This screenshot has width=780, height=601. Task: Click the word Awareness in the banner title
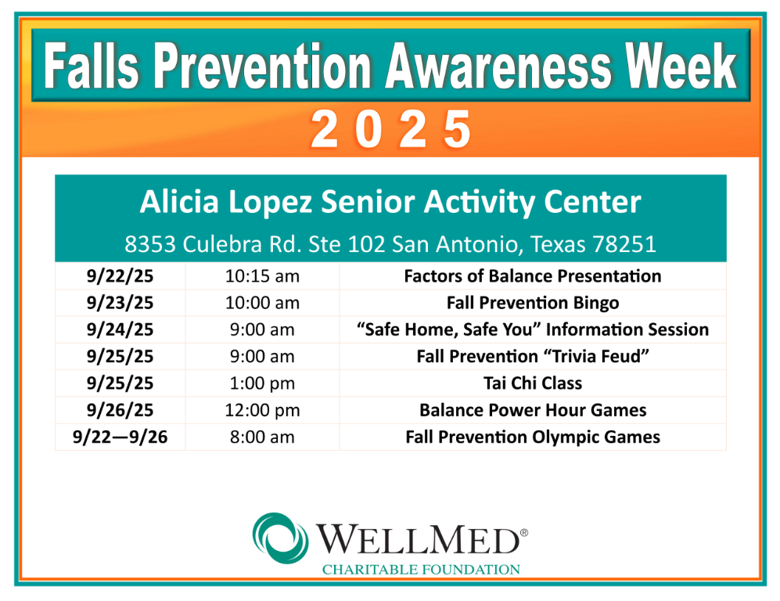(x=498, y=66)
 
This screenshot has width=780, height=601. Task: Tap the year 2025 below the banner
(x=391, y=129)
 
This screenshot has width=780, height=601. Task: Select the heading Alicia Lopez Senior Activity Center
(x=390, y=202)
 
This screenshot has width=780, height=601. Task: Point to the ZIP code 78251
(x=624, y=244)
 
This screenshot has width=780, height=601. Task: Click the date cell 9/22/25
(x=120, y=276)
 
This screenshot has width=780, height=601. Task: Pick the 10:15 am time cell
(x=262, y=276)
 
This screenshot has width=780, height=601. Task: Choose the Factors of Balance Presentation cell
(x=533, y=276)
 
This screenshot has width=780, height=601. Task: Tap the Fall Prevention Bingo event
(x=533, y=303)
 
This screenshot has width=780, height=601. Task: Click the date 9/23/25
(x=120, y=303)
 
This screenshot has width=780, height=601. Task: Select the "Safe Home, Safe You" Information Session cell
(x=533, y=330)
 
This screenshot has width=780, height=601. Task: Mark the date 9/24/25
(x=120, y=330)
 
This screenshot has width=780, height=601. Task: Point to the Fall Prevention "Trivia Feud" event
(x=533, y=357)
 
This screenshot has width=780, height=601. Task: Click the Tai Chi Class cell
(x=533, y=383)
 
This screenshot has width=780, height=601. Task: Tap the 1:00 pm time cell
(x=262, y=383)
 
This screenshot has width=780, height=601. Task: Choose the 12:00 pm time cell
(x=262, y=411)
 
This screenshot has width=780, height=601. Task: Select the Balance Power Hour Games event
(x=533, y=410)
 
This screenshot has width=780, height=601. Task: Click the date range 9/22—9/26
(x=120, y=437)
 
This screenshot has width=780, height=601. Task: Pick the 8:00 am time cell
(x=262, y=437)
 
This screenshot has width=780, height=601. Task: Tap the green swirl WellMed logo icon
(x=280, y=538)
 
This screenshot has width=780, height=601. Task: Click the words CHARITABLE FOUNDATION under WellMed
(x=421, y=570)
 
